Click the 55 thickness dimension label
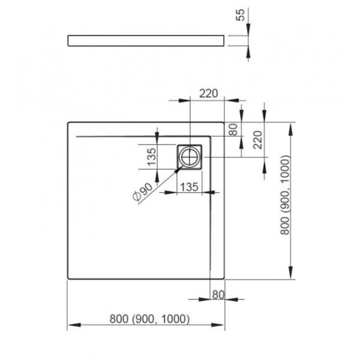(241, 15)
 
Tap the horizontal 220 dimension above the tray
(208, 94)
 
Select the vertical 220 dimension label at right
(257, 140)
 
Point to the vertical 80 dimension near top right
(233, 130)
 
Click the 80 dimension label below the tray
(218, 295)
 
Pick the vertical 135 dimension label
(152, 157)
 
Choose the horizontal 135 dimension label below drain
(189, 187)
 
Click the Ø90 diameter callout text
(142, 192)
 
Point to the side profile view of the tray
(146, 41)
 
